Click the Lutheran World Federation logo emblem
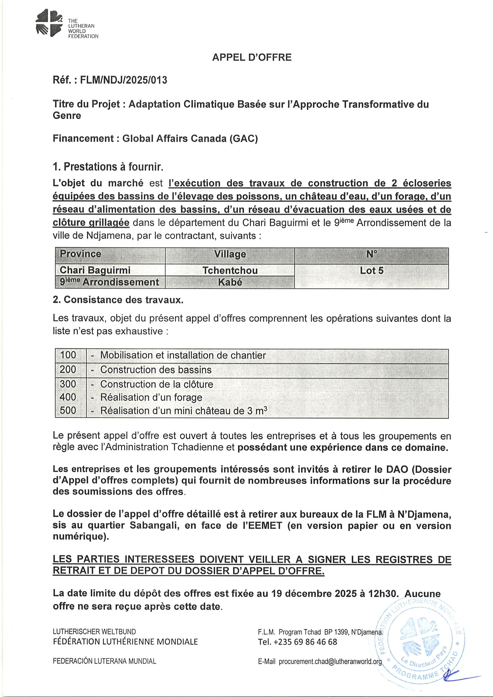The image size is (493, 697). [49, 22]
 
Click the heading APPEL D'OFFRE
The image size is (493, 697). [252, 57]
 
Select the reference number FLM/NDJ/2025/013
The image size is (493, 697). [123, 80]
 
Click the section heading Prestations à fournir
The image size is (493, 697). [108, 167]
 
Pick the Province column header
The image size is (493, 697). [81, 254]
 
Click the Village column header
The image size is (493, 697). [230, 254]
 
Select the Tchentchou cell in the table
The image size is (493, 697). [230, 270]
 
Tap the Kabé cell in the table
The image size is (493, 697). [230, 282]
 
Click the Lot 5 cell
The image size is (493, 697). [372, 270]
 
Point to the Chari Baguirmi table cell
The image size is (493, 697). [95, 270]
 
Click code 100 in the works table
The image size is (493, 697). [68, 355]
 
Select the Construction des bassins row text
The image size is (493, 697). [156, 369]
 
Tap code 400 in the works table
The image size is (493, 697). [68, 397]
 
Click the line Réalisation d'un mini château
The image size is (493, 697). [184, 411]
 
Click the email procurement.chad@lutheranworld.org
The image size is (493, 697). [330, 662]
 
